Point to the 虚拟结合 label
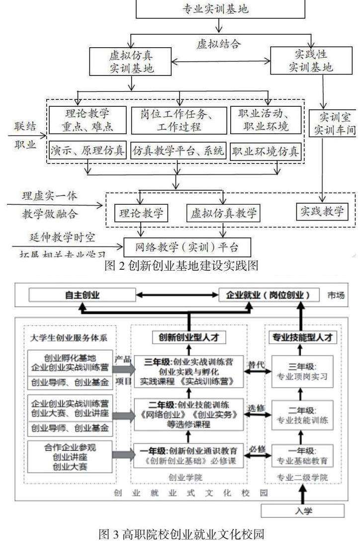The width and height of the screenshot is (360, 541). pyautogui.click(x=218, y=44)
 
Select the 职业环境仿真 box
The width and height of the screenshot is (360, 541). pyautogui.click(x=266, y=151)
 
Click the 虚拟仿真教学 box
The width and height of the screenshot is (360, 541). pyautogui.click(x=223, y=214)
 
